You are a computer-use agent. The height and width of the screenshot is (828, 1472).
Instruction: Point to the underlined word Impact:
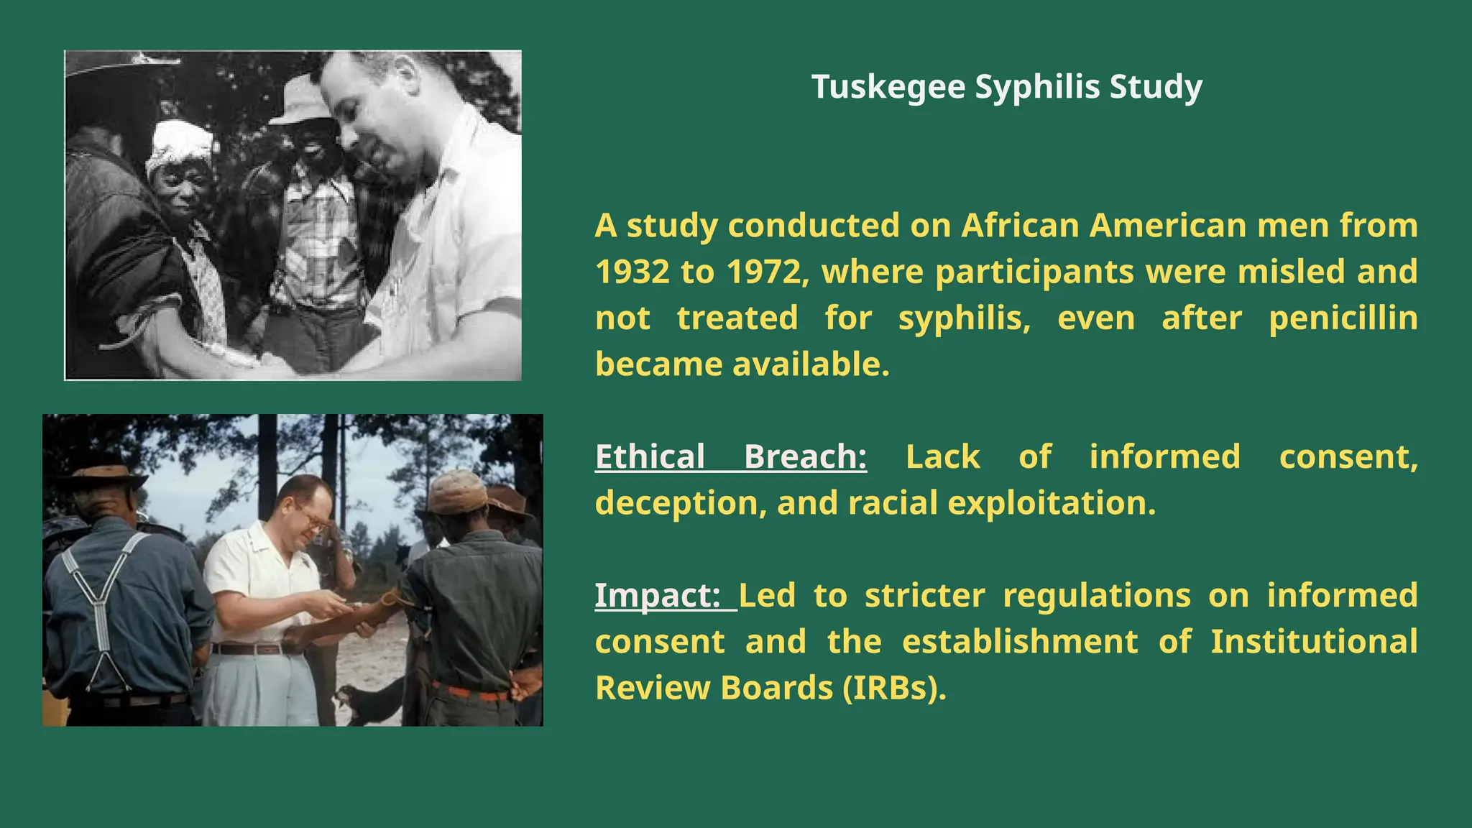point(657,596)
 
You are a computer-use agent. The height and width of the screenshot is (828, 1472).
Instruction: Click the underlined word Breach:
point(805,457)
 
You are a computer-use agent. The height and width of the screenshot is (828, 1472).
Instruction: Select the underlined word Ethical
point(650,457)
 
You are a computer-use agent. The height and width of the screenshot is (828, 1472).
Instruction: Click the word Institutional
point(1313,642)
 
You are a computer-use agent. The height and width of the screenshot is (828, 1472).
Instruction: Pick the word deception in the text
point(676,503)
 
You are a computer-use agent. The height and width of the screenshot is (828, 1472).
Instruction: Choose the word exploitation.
point(1052,503)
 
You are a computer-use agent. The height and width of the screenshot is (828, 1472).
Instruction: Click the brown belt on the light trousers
point(248,649)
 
